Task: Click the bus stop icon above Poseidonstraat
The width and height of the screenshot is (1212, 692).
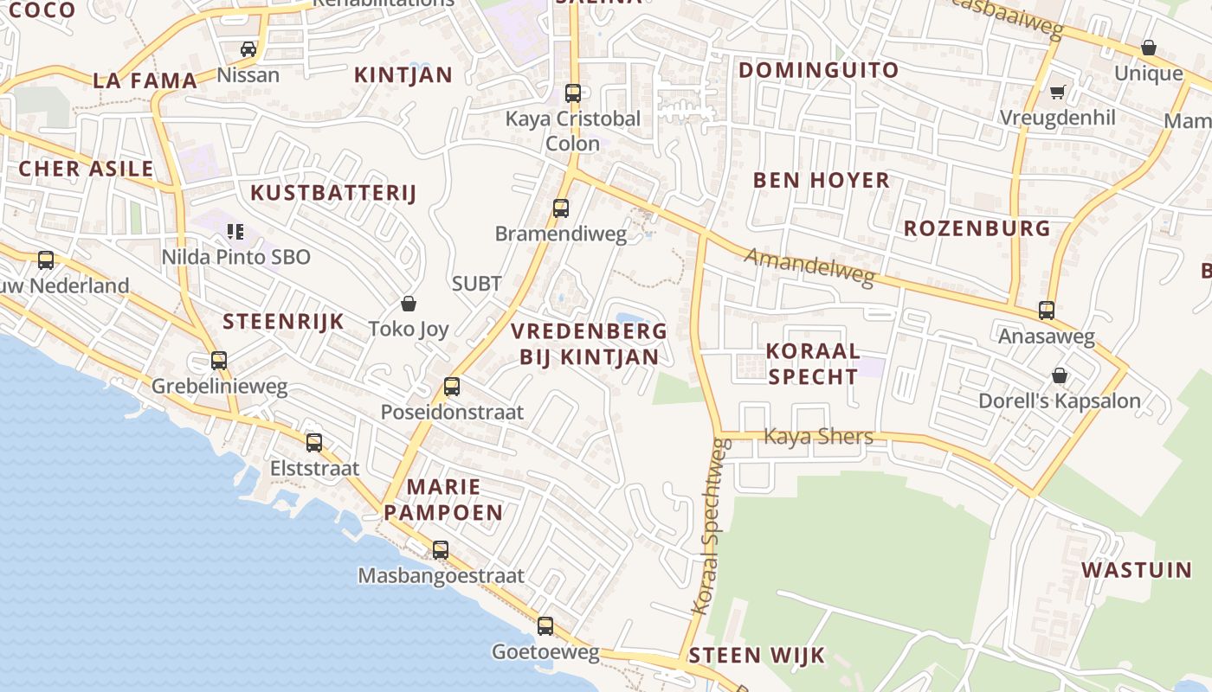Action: coord(451,387)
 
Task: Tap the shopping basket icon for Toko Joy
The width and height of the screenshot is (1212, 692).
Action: coord(409,304)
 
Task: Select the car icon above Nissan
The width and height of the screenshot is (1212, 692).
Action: coord(248,48)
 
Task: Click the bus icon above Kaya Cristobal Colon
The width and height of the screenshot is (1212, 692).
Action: coord(572,93)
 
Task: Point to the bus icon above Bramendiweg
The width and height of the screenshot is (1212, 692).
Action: coord(561,208)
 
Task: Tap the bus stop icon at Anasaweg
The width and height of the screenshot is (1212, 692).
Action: coord(1047,310)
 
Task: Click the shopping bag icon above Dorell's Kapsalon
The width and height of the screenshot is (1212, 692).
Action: coord(1059,375)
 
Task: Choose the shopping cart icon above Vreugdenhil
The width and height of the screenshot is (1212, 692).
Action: coord(1057,91)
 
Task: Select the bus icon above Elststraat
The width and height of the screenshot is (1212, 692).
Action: coord(314,443)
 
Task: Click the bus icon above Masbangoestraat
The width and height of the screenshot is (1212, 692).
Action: coord(441,549)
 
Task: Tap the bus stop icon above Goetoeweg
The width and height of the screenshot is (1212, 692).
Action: coord(545,626)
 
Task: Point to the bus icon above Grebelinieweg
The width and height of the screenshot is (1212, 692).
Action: coord(219,361)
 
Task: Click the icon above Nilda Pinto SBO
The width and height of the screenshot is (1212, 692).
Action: coord(235,231)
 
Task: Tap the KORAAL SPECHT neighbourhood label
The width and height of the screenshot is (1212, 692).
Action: coord(813,363)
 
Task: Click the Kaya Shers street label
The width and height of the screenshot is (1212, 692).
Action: coord(818,436)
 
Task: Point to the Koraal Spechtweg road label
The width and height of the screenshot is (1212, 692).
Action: coord(712,528)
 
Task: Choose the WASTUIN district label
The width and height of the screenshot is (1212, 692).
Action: coord(1137,570)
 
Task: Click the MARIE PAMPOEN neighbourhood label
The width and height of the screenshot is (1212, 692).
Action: coord(443,499)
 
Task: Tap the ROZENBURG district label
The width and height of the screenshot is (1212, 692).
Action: coord(977,228)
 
